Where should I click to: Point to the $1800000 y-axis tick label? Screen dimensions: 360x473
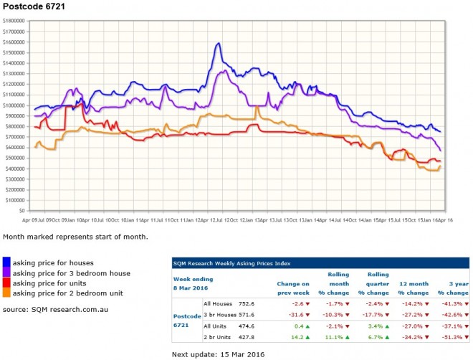(x=14, y=22)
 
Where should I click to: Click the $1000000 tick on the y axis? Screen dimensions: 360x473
(x=14, y=105)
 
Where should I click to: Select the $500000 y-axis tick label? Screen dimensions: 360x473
(x=16, y=158)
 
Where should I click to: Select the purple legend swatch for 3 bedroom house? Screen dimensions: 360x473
(x=6, y=273)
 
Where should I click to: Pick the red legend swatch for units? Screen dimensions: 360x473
(x=6, y=283)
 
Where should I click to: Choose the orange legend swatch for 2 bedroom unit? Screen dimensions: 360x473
(x=6, y=293)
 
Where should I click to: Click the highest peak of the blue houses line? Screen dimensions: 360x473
(x=217, y=44)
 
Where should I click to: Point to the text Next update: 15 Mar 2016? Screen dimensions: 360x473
(x=218, y=354)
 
